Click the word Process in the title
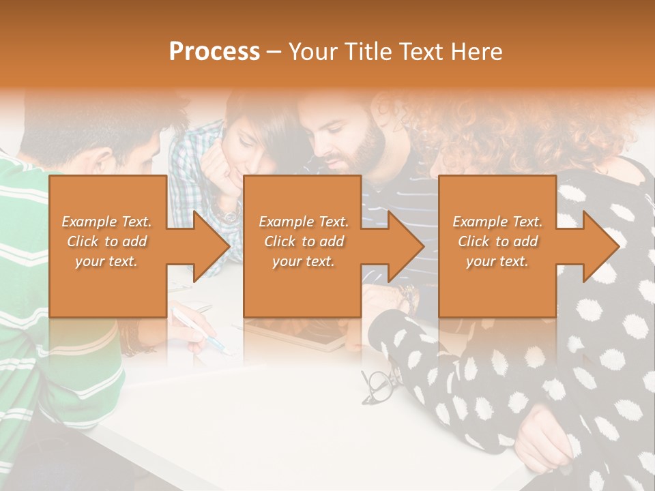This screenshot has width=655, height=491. pyautogui.click(x=214, y=52)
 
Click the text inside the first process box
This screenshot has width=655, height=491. pyautogui.click(x=106, y=241)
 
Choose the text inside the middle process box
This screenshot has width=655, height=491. pyautogui.click(x=303, y=241)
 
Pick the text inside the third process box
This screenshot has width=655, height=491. pyautogui.click(x=497, y=241)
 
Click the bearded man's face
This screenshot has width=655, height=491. pyautogui.click(x=349, y=144)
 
